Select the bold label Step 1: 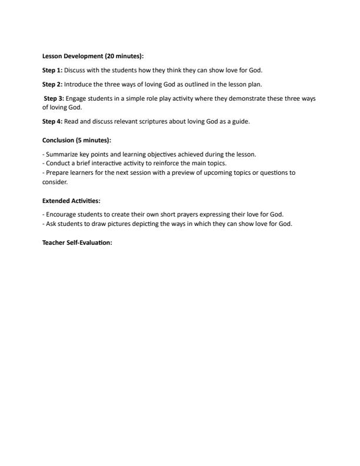[x=52, y=70]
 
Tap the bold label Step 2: [x=52, y=84]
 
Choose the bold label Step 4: [x=52, y=122]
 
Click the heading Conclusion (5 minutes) [x=76, y=140]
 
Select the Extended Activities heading [x=72, y=201]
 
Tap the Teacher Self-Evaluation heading [x=77, y=243]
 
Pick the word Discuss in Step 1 [x=75, y=70]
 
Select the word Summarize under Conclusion [x=61, y=154]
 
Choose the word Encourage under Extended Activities [x=61, y=214]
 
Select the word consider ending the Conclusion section [x=55, y=182]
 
